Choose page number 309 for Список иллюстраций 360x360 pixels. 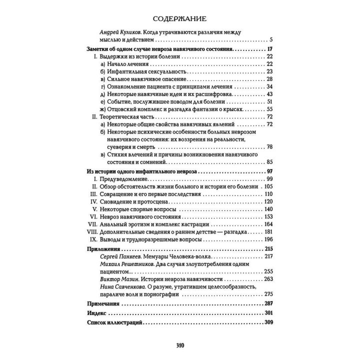coord(270,322)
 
